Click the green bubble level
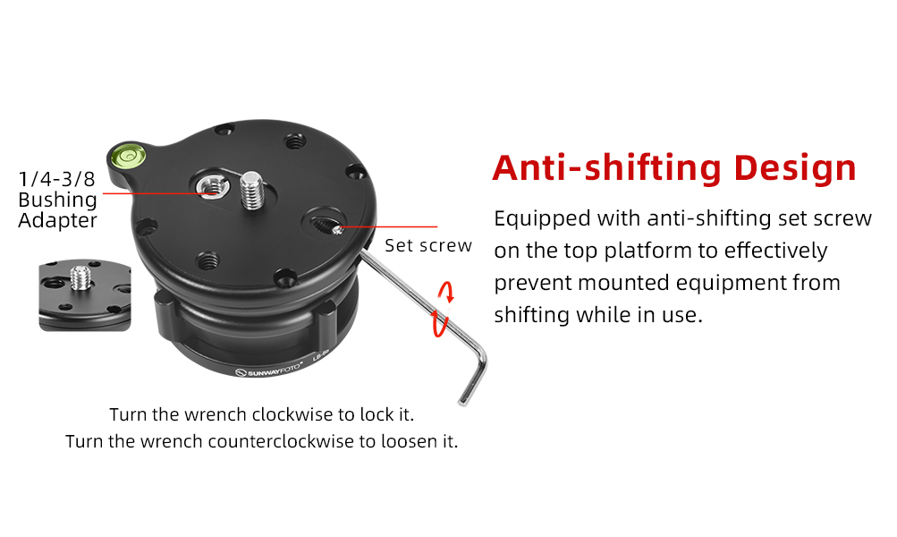pyautogui.click(x=130, y=155)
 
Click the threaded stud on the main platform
pyautogui.click(x=251, y=191)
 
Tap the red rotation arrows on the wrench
pyautogui.click(x=444, y=309)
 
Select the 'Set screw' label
pyautogui.click(x=427, y=245)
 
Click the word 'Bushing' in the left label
pyautogui.click(x=58, y=200)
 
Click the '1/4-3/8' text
pyautogui.click(x=56, y=179)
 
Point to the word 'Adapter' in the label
pyautogui.click(x=58, y=221)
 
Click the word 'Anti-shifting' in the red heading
pyautogui.click(x=607, y=167)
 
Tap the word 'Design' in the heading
pyautogui.click(x=794, y=168)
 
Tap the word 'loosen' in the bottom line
pyautogui.click(x=398, y=441)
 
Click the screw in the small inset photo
pyautogui.click(x=81, y=277)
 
